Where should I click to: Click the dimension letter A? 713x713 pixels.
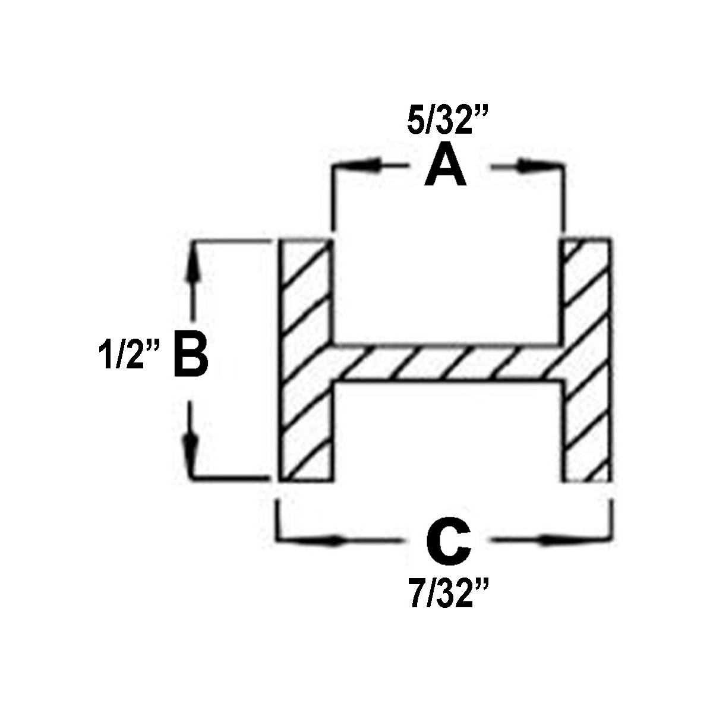(x=445, y=163)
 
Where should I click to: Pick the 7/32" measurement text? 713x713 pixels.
(x=448, y=594)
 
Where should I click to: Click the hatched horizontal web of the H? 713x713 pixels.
(x=446, y=364)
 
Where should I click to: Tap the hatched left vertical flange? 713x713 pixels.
(x=307, y=361)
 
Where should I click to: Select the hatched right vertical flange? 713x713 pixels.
(x=586, y=361)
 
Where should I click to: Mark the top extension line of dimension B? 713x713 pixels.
(x=231, y=241)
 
